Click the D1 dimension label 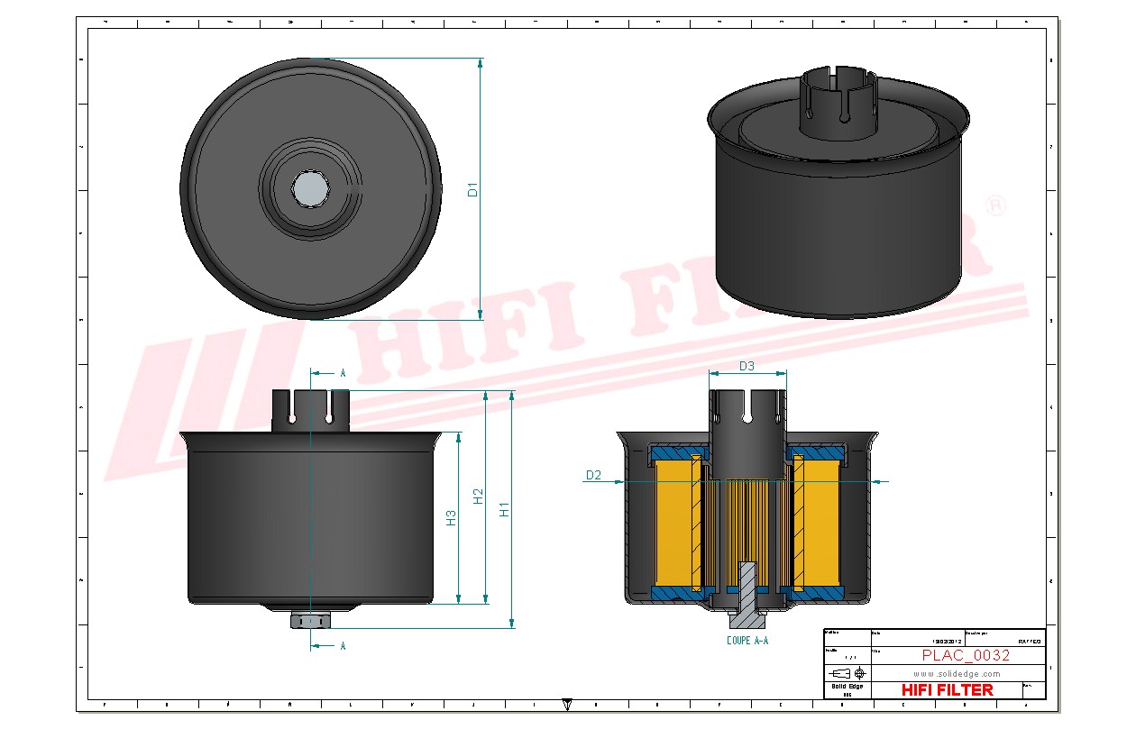472,189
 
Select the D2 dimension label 593,475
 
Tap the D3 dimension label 747,366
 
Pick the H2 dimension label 479,496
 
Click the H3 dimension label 452,517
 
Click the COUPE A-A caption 747,641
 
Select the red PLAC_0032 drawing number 966,655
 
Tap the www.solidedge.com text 957,673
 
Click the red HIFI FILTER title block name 947,690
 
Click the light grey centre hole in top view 310,188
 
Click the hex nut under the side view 310,620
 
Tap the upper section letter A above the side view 343,372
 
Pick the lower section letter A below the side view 343,646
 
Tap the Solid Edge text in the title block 847,687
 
